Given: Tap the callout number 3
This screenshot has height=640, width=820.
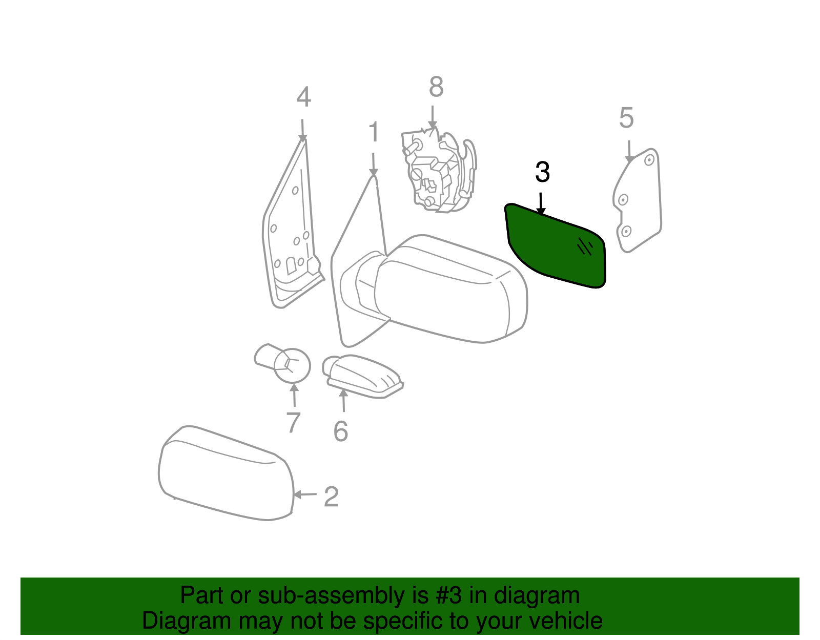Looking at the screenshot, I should (x=542, y=172).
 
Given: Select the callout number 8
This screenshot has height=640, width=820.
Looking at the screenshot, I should (x=436, y=87).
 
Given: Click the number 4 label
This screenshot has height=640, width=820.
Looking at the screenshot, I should (x=303, y=97).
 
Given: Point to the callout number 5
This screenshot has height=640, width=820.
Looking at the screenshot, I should (x=626, y=118).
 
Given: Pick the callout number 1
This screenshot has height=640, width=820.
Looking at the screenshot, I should (x=374, y=133).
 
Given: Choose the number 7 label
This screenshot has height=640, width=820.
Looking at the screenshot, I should (x=293, y=423).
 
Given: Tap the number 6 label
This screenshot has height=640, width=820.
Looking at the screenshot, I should (x=341, y=431).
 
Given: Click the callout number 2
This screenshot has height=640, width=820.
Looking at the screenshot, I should (x=331, y=497).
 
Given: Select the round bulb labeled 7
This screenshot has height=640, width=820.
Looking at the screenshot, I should (x=292, y=365).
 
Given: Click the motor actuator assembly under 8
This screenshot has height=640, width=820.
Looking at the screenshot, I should (x=438, y=172).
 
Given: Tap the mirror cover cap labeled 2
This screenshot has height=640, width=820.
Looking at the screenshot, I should (x=225, y=474).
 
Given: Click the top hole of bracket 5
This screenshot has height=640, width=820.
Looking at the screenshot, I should (x=649, y=160).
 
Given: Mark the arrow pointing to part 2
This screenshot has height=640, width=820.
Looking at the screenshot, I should (x=305, y=494).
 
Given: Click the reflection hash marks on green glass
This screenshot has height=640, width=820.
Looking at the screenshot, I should (x=584, y=247).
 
